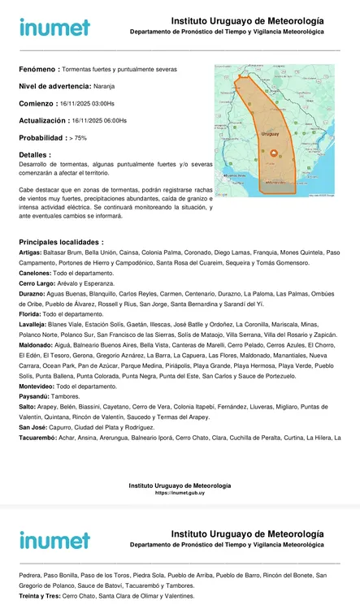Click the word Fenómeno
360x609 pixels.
(x=37, y=70)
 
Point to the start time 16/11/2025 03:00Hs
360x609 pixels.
(x=87, y=104)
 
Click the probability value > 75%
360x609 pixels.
(x=78, y=138)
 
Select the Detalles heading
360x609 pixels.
(x=35, y=154)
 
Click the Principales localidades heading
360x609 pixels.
(x=61, y=242)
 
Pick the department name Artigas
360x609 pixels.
(x=30, y=253)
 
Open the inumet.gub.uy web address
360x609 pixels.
(x=180, y=493)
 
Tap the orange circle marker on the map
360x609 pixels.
(x=273, y=153)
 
